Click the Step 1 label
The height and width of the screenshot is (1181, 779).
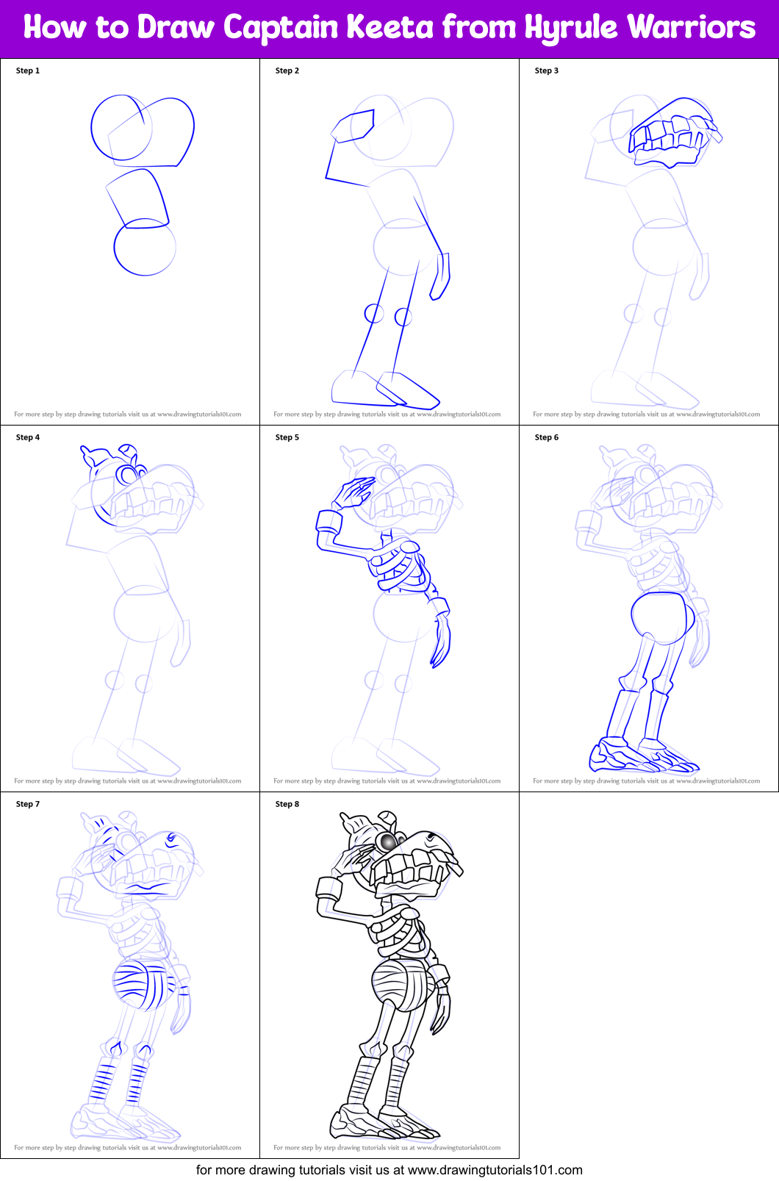pyautogui.click(x=28, y=71)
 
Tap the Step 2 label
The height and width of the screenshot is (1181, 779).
pyautogui.click(x=287, y=71)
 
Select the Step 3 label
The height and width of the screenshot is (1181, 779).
pyautogui.click(x=547, y=71)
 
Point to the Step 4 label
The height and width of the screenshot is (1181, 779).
pyautogui.click(x=28, y=437)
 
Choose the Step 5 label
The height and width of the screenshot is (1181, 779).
pyautogui.click(x=287, y=437)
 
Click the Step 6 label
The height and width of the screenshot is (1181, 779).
pyautogui.click(x=547, y=437)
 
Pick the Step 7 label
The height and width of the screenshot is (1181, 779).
pyautogui.click(x=28, y=804)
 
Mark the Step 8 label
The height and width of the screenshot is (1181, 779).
pyautogui.click(x=287, y=804)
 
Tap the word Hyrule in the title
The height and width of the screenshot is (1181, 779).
pyautogui.click(x=571, y=28)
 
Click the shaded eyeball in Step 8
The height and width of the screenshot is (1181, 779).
pyautogui.click(x=387, y=840)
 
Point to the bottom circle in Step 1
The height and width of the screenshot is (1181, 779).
pyautogui.click(x=145, y=248)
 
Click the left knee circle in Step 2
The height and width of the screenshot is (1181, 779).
pyautogui.click(x=374, y=314)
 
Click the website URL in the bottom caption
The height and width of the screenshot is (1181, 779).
pyautogui.click(x=495, y=1170)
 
